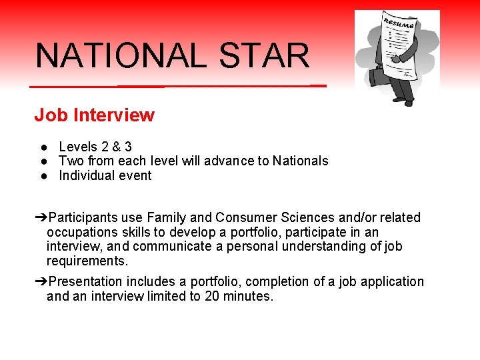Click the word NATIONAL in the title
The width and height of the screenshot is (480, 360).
[x=121, y=56]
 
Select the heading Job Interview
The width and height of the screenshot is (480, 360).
[x=94, y=115]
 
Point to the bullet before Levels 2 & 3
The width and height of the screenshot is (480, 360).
[x=42, y=147]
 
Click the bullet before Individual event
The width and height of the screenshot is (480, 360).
[x=42, y=176]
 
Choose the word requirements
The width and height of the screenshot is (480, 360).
[x=87, y=261]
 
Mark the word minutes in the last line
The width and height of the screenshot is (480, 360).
[x=249, y=296]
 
